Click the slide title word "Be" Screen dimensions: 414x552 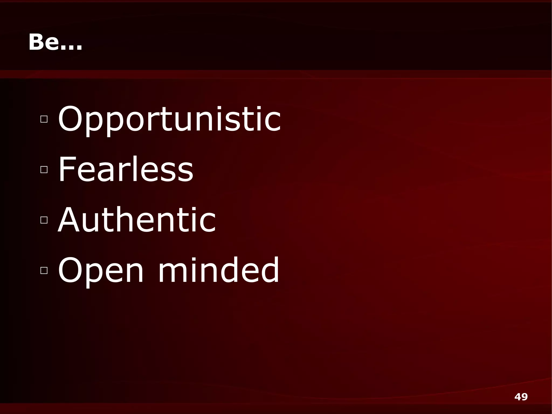[43, 42]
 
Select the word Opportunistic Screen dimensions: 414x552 [169, 119]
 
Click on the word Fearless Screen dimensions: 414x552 [126, 169]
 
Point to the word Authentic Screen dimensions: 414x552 [137, 220]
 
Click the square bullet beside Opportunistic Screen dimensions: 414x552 [44, 119]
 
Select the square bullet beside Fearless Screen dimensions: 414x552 [44, 169]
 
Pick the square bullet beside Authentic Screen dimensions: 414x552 [44, 220]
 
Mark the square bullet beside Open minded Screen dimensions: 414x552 [44, 270]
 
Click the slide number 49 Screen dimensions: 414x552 [521, 397]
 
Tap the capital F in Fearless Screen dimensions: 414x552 [66, 169]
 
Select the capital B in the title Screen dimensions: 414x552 [37, 42]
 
